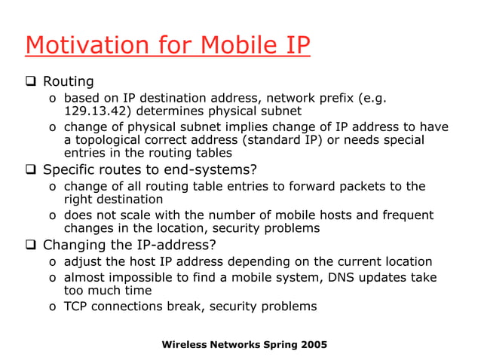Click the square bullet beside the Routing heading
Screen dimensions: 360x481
[32, 81]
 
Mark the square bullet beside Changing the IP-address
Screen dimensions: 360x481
[32, 244]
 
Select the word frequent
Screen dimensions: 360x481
[407, 215]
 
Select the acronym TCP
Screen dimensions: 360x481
[77, 307]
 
